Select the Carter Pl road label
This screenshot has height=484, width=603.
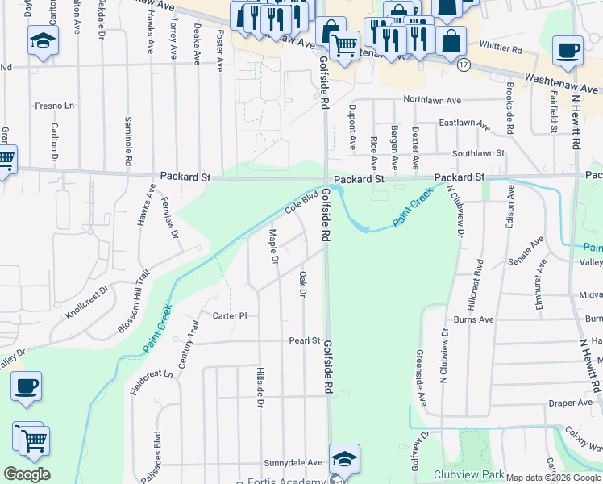tap(230, 316)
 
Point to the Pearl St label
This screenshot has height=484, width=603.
tap(305, 341)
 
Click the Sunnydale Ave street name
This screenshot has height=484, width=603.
tap(293, 464)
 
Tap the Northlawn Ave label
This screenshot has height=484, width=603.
tap(432, 101)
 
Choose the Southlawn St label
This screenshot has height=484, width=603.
tap(478, 152)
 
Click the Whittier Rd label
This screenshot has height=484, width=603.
tap(501, 50)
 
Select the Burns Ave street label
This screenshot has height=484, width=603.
tap(473, 320)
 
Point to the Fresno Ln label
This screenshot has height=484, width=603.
tap(54, 106)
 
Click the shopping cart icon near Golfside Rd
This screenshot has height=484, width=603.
tap(344, 44)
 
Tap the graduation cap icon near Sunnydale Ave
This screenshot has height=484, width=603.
tap(344, 458)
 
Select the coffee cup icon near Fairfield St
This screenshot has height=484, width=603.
tap(568, 51)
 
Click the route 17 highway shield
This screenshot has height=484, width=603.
tap(463, 64)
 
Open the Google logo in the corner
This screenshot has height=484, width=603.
tap(27, 474)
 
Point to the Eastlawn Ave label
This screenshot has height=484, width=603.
tap(464, 125)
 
